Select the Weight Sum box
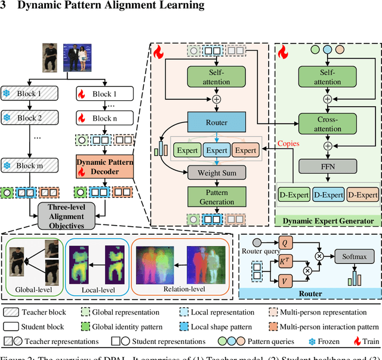pos(213,173)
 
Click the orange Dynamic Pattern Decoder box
pos(106,165)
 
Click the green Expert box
pos(187,150)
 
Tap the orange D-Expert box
pos(363,195)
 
